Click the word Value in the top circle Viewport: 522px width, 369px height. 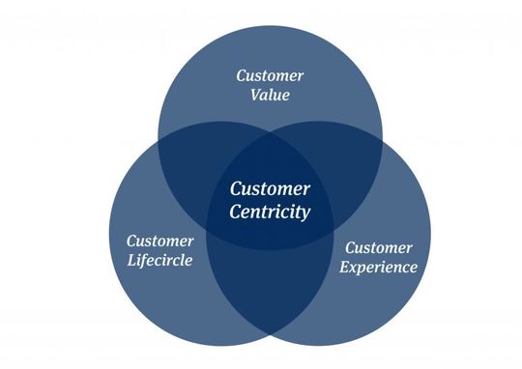[x=270, y=96]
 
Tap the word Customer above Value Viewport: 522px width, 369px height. [x=271, y=75]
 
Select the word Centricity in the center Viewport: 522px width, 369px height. [x=270, y=212]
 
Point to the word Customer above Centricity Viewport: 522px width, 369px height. [x=270, y=189]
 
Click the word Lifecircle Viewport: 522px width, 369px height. [x=159, y=261]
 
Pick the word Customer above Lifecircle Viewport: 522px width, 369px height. [x=160, y=241]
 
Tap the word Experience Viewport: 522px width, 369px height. [x=381, y=268]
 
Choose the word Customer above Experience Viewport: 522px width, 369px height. [x=379, y=248]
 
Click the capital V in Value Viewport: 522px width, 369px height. [x=253, y=96]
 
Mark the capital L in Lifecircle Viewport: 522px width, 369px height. [x=130, y=261]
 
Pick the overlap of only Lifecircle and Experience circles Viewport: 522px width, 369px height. [x=271, y=290]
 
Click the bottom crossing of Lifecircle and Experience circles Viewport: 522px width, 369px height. [x=271, y=340]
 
